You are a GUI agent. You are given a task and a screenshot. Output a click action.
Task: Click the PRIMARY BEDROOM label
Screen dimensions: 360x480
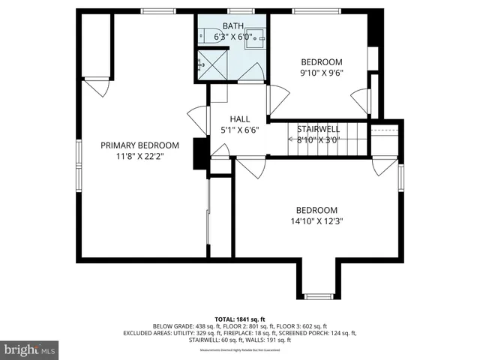click(140, 145)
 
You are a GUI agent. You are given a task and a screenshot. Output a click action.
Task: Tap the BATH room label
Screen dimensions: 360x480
click(232, 25)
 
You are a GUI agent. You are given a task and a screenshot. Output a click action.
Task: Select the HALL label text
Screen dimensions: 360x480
click(240, 118)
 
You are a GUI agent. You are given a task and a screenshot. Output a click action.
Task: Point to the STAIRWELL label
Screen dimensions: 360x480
click(319, 128)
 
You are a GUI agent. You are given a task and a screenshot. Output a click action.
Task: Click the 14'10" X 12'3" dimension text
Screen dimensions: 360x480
click(316, 221)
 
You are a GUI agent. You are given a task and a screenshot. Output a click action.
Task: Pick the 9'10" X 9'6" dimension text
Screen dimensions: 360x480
click(322, 73)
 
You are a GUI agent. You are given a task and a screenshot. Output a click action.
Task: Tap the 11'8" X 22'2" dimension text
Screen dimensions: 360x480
click(140, 157)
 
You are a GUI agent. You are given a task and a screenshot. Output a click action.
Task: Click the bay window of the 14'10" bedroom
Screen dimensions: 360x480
click(317, 296)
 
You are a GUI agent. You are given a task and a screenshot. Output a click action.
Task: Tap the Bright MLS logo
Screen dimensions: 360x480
click(30, 349)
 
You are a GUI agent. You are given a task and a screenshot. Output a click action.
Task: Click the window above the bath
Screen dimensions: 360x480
click(239, 11)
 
